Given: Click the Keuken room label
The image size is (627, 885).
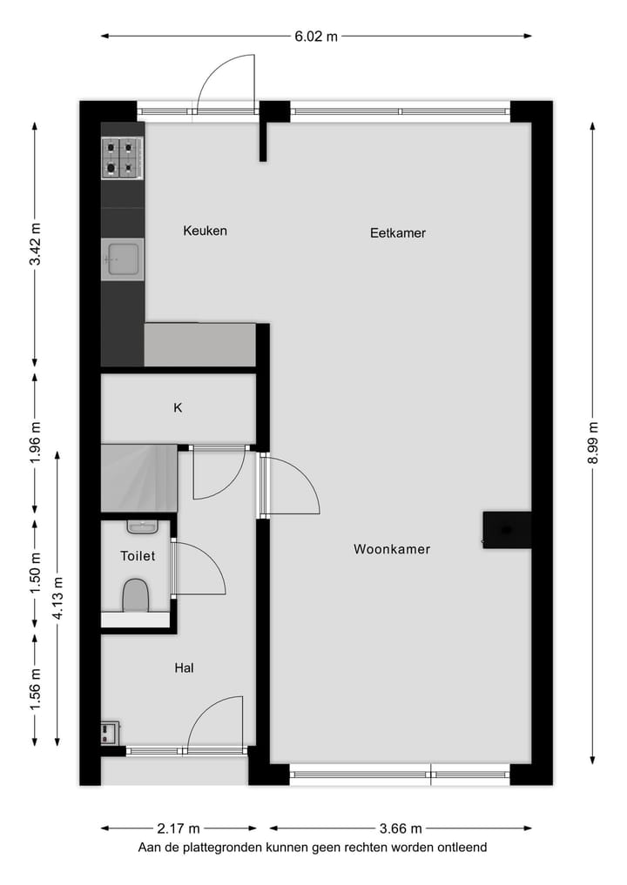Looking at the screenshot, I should pos(205,231).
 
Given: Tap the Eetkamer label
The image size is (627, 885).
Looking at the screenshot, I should pos(397,233).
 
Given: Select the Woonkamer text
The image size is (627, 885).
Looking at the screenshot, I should pos(392,549).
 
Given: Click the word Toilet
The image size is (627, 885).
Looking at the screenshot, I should pos(138,555).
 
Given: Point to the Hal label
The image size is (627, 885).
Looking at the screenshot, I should pos(184,668).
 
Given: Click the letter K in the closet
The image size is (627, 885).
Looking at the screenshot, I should pos(178,407).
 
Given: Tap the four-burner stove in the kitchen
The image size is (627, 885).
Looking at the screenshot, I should pos(122,158).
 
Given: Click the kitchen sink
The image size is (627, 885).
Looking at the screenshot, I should pos(122,259).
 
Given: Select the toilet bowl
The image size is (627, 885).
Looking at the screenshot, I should pos(136,597).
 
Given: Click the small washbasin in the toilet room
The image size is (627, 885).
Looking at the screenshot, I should pos(141,526).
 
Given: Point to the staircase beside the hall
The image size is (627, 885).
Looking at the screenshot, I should pos(138,478).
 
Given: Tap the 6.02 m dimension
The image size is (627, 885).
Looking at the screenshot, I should pos(315,37).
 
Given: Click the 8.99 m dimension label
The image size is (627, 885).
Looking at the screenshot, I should pos(593,444).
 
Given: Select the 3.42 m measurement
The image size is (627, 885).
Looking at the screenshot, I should pos(35,246).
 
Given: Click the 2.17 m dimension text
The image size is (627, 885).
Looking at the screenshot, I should pos(178,828).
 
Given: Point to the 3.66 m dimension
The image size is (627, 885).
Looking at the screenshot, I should pos(400,828).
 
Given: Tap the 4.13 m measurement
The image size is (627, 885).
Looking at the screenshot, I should pos(57,599).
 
